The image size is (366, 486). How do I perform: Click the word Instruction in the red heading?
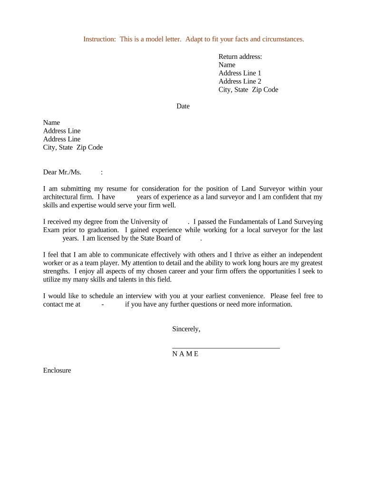click(x=99, y=39)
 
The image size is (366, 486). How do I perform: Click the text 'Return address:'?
click(x=240, y=56)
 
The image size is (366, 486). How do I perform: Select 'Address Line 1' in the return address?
click(x=240, y=73)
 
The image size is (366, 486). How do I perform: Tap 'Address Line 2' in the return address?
click(x=240, y=81)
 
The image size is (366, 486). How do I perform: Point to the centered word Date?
click(x=183, y=106)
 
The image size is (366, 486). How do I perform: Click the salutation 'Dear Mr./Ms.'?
click(x=62, y=172)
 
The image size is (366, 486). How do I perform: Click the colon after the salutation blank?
click(x=102, y=172)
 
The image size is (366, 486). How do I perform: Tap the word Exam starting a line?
click(x=51, y=230)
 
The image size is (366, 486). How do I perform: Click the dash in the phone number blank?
click(x=103, y=304)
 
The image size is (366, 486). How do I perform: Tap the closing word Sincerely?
click(x=186, y=329)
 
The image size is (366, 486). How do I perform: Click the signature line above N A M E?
click(x=226, y=348)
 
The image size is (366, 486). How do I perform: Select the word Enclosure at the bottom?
click(x=57, y=370)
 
